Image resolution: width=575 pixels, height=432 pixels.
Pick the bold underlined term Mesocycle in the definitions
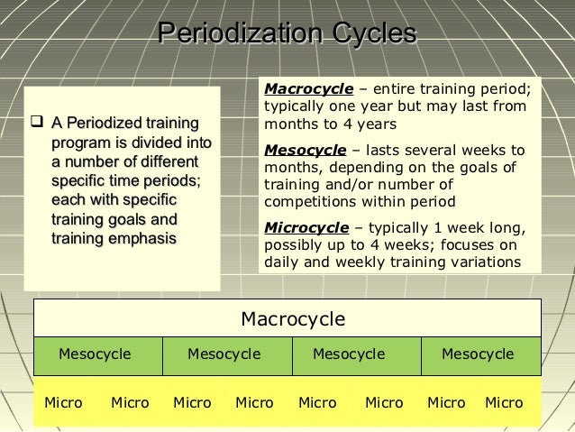click(306, 151)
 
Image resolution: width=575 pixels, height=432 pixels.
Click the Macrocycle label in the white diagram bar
click(292, 319)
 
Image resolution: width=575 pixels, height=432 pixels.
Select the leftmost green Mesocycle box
click(95, 354)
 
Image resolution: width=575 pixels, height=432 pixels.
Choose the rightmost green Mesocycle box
click(478, 354)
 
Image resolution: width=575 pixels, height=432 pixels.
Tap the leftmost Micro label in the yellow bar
click(63, 403)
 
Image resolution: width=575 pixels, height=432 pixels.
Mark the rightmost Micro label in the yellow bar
click(504, 403)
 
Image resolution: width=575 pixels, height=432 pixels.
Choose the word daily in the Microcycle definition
click(281, 262)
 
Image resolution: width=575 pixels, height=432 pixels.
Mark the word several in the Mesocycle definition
click(421, 151)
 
